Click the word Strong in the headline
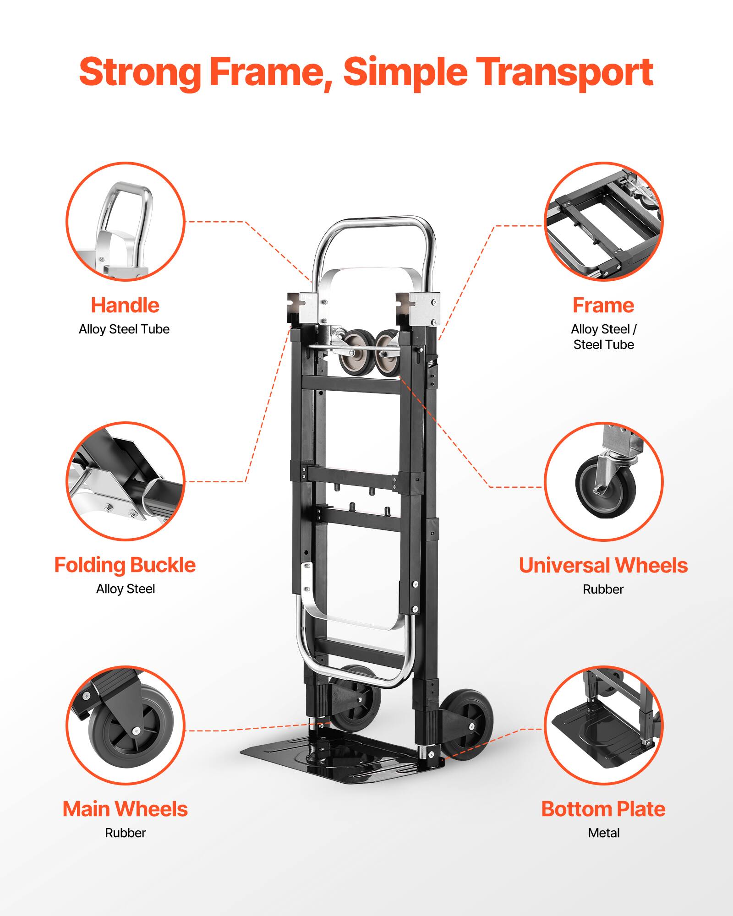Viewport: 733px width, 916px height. click(140, 72)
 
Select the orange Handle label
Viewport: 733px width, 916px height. click(125, 305)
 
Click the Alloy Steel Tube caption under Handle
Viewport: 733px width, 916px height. click(124, 329)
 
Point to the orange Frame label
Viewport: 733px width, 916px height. click(603, 305)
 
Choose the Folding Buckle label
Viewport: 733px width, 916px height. click(125, 565)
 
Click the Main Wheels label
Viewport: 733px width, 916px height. click(125, 809)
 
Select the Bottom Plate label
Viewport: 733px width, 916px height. click(603, 809)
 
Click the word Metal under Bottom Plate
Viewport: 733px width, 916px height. click(603, 833)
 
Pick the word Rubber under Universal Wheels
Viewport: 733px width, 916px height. click(603, 589)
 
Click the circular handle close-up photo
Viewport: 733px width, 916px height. click(125, 221)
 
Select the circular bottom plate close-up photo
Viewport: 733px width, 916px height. click(603, 725)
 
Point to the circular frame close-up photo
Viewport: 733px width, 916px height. click(603, 221)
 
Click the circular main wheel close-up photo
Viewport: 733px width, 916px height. click(125, 725)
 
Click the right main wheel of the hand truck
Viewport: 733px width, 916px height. click(467, 725)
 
